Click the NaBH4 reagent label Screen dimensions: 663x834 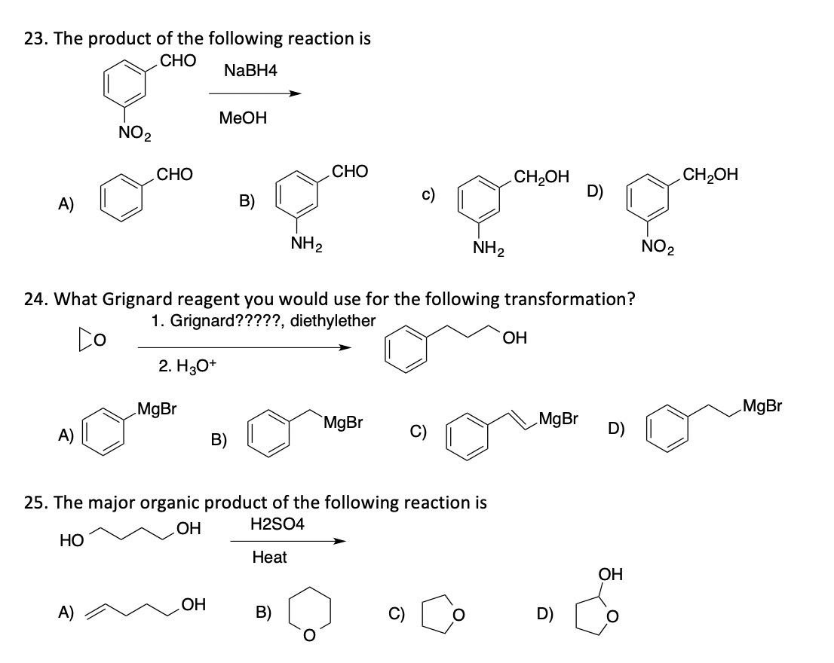click(250, 70)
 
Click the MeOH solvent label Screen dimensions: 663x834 click(242, 118)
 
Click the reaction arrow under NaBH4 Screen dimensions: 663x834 click(254, 94)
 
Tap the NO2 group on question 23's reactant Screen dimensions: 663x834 click(135, 135)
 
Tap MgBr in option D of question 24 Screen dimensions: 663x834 click(762, 408)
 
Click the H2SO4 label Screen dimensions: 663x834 click(276, 524)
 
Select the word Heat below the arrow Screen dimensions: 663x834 click(269, 557)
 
